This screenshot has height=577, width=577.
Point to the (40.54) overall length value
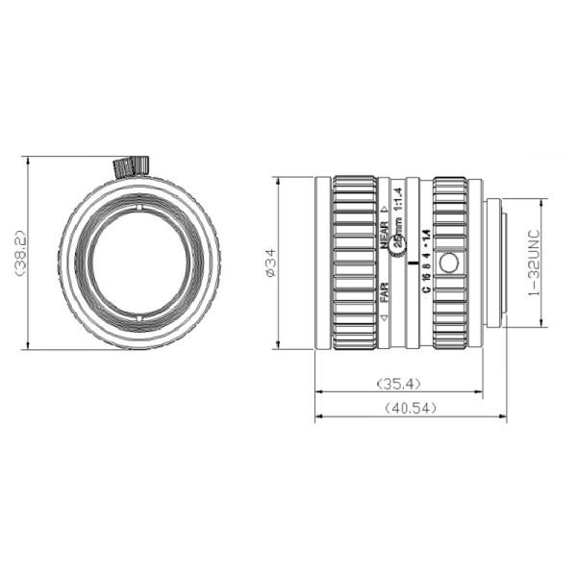tap(411, 408)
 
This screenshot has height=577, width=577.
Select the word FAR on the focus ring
tap(384, 289)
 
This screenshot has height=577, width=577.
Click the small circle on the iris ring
tap(448, 262)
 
